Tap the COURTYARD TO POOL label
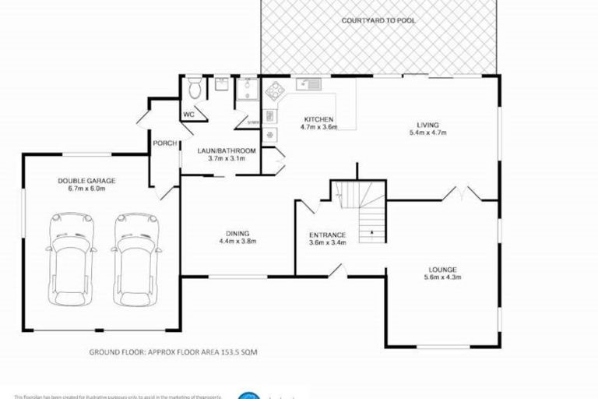[378, 19]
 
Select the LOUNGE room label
[441, 269]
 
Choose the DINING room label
[237, 233]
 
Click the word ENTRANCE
[326, 234]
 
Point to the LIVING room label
[427, 125]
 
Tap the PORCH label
[164, 143]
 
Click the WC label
[188, 114]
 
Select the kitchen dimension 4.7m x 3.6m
[319, 128]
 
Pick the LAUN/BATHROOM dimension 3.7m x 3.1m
[216, 158]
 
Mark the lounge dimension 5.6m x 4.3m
[441, 277]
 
